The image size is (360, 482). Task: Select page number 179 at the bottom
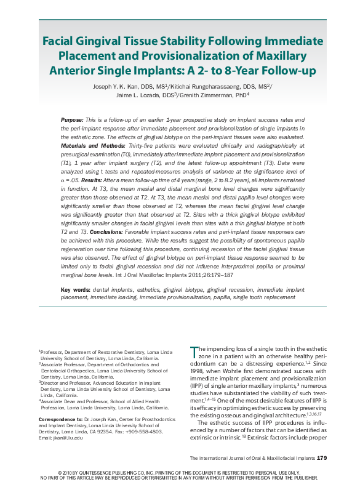click(322, 457)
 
